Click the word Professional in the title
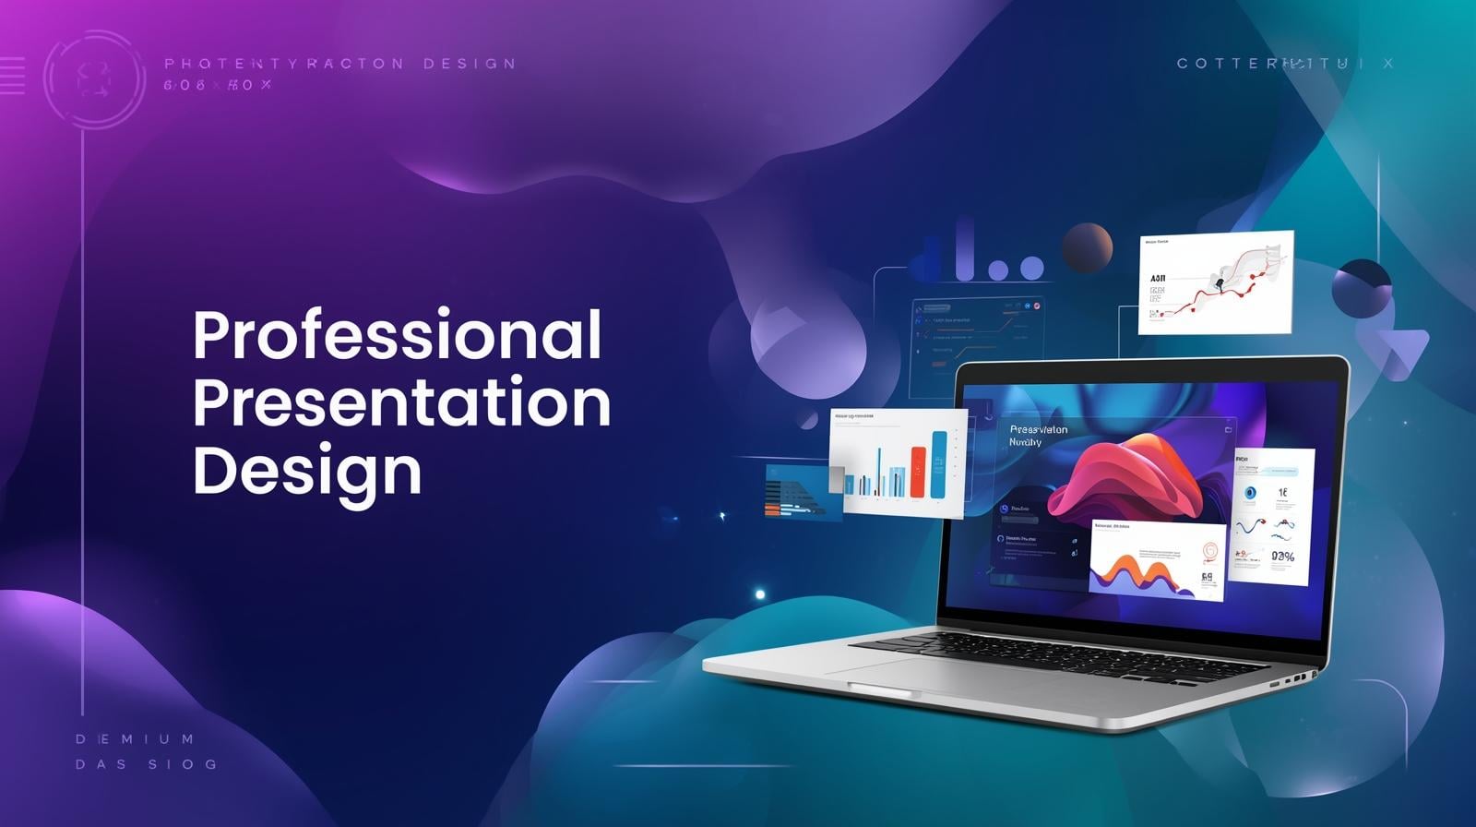tap(398, 336)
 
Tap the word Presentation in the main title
tap(401, 404)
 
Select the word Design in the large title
tap(307, 473)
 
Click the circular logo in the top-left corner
tap(94, 79)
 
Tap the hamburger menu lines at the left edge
tap(12, 75)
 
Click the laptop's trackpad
tap(932, 675)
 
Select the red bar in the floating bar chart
tap(918, 472)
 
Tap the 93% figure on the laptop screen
tap(1282, 557)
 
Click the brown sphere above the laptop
tap(1087, 247)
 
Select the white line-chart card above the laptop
tap(1215, 282)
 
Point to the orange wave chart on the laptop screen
tap(1144, 572)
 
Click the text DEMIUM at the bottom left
tap(136, 739)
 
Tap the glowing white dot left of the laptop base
tap(760, 594)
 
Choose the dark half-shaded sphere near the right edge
tap(1362, 289)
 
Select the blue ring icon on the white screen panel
tap(1250, 493)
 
